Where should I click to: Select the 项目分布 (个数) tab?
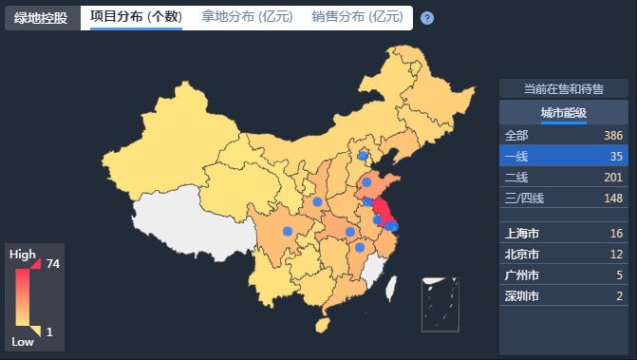(136, 17)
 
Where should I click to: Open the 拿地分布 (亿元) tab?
(246, 17)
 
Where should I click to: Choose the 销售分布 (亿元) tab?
(357, 17)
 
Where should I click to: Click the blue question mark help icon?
(427, 18)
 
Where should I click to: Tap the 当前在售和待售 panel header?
(563, 88)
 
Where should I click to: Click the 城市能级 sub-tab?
(563, 114)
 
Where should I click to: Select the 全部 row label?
(516, 135)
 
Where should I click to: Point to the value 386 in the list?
(612, 135)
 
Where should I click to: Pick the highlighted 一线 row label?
(516, 156)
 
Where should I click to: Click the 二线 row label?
(516, 177)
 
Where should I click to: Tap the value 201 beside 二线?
(612, 177)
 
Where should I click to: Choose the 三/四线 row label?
(524, 198)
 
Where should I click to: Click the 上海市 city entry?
(522, 233)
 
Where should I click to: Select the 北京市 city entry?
(522, 254)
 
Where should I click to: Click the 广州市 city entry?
(522, 275)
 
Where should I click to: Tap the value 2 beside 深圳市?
(619, 295)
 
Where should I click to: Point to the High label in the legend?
(22, 255)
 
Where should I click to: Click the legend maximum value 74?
(53, 264)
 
